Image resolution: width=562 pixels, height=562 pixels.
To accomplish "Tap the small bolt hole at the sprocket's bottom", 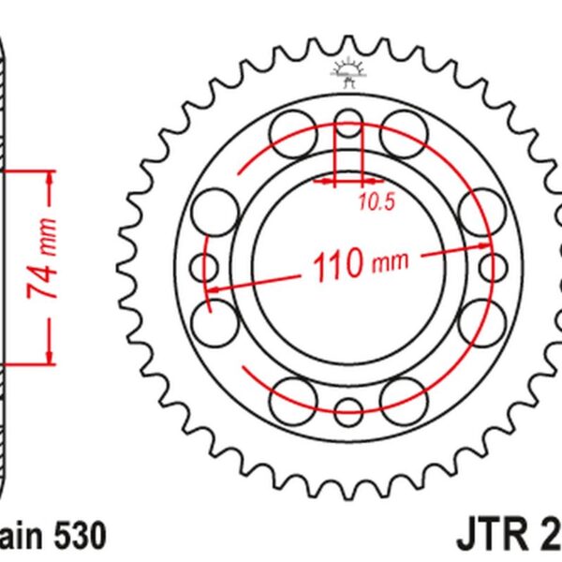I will pyautogui.click(x=348, y=408).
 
